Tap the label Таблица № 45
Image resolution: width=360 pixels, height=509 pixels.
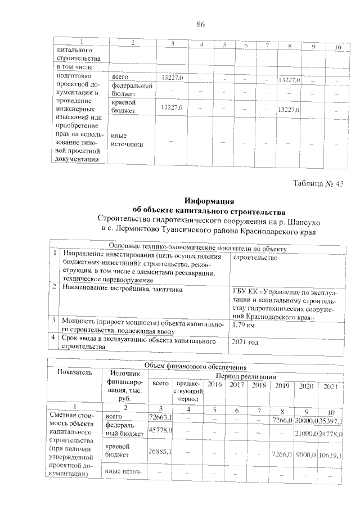pos(318,184)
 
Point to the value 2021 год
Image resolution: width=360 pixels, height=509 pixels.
pos(248,341)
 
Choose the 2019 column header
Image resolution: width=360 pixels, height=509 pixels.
pos(278,385)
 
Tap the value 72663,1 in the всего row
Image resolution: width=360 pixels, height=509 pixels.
pos(160,417)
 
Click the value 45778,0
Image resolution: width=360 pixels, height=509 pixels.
pos(160,430)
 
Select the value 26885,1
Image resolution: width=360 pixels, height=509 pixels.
pos(160,451)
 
